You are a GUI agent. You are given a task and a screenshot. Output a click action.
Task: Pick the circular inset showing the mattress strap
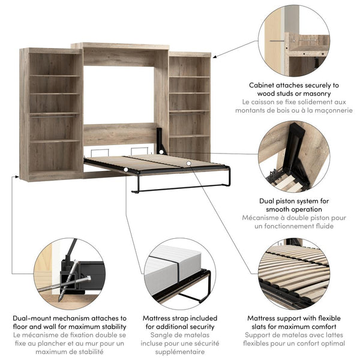tap(178, 274)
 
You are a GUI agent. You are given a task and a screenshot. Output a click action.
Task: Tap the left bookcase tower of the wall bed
tap(50, 114)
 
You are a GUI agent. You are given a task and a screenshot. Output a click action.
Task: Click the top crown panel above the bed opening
tap(120, 46)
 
